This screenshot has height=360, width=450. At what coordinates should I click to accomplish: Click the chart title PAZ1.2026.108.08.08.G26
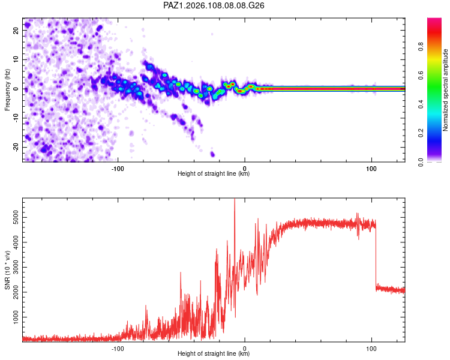(214, 5)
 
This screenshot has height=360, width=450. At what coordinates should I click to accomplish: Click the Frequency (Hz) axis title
(7, 90)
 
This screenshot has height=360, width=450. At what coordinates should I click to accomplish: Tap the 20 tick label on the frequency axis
(16, 30)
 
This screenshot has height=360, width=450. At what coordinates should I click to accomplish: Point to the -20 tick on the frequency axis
(16, 147)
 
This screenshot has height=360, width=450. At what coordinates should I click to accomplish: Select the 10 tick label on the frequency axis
(16, 59)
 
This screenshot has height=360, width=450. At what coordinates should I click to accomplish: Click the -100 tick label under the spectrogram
(118, 169)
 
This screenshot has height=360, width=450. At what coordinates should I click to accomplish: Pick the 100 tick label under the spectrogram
(371, 169)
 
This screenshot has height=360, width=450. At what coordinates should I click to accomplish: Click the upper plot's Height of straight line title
(214, 173)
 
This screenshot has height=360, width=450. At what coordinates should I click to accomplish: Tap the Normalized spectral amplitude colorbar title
(445, 90)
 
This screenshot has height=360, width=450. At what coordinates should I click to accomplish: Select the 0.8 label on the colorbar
(421, 47)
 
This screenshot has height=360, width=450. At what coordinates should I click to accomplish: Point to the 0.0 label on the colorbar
(421, 162)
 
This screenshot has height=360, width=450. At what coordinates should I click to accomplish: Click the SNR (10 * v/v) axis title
(7, 270)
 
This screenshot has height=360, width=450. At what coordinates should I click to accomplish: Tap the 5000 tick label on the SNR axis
(16, 218)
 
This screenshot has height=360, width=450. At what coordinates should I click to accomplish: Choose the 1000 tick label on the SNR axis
(16, 317)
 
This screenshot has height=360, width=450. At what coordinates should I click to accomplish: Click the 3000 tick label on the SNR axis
(16, 267)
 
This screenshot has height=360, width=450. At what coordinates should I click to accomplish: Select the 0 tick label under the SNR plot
(245, 349)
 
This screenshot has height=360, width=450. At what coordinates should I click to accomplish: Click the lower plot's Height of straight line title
(214, 353)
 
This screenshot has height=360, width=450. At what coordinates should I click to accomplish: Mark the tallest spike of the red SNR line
(235, 199)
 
